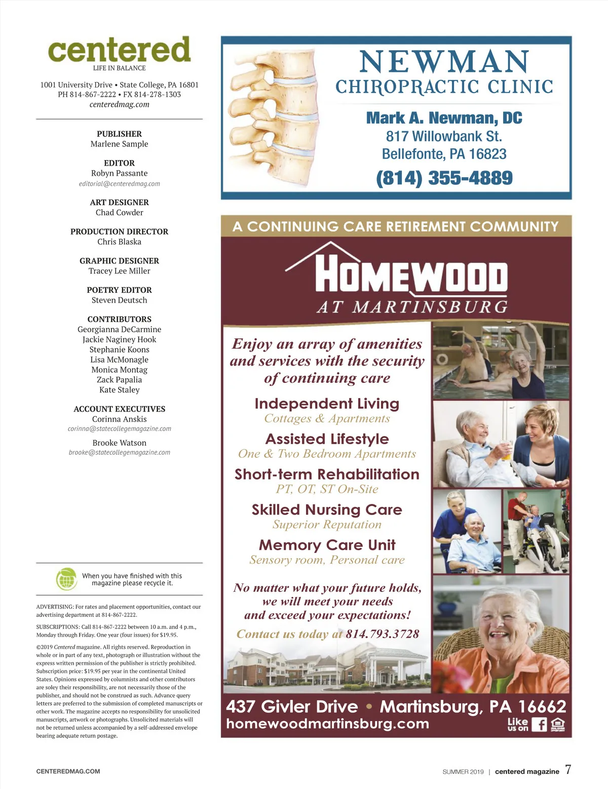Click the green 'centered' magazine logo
(119, 50)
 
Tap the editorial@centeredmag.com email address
(119, 184)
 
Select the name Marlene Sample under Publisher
(119, 144)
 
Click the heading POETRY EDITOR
(119, 290)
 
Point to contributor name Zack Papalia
(119, 380)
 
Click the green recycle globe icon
(66, 579)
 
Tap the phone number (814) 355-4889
(444, 178)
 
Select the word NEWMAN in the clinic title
(444, 62)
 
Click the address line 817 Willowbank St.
(444, 136)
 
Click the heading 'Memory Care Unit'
(327, 545)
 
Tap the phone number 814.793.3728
(383, 634)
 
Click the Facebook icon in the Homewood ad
(539, 724)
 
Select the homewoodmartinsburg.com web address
(327, 724)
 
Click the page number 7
(568, 769)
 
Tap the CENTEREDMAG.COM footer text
(68, 771)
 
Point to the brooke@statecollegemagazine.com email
(119, 453)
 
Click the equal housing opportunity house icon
(557, 724)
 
